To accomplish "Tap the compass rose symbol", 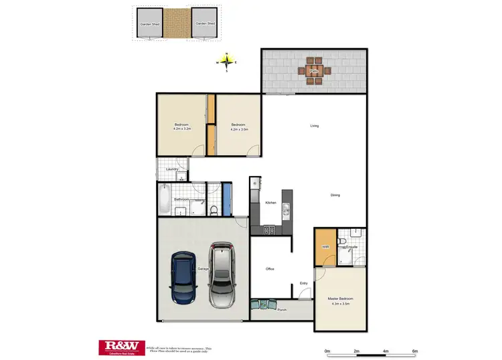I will [227, 62].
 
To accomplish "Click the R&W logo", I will [122, 346].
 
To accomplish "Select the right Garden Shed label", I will [205, 23].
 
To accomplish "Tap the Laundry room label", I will [171, 169].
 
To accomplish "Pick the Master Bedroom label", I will [340, 298].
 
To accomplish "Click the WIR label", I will [325, 247].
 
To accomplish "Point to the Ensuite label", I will [351, 247].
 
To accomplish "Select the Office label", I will [270, 269].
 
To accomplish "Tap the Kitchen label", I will [270, 202].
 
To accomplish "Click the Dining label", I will [335, 195].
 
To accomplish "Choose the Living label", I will [314, 126].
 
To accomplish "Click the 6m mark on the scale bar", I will [415, 351].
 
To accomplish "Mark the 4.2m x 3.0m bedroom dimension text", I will [240, 129].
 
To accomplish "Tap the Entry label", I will [304, 283].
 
